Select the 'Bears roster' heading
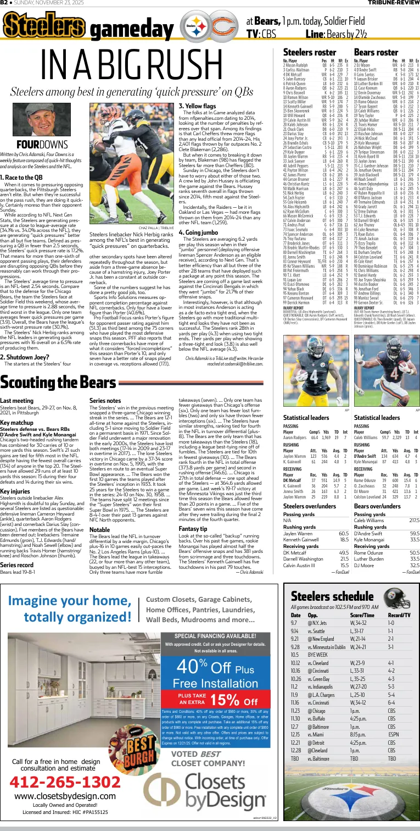click(376, 52)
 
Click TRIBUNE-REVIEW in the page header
click(394, 3)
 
